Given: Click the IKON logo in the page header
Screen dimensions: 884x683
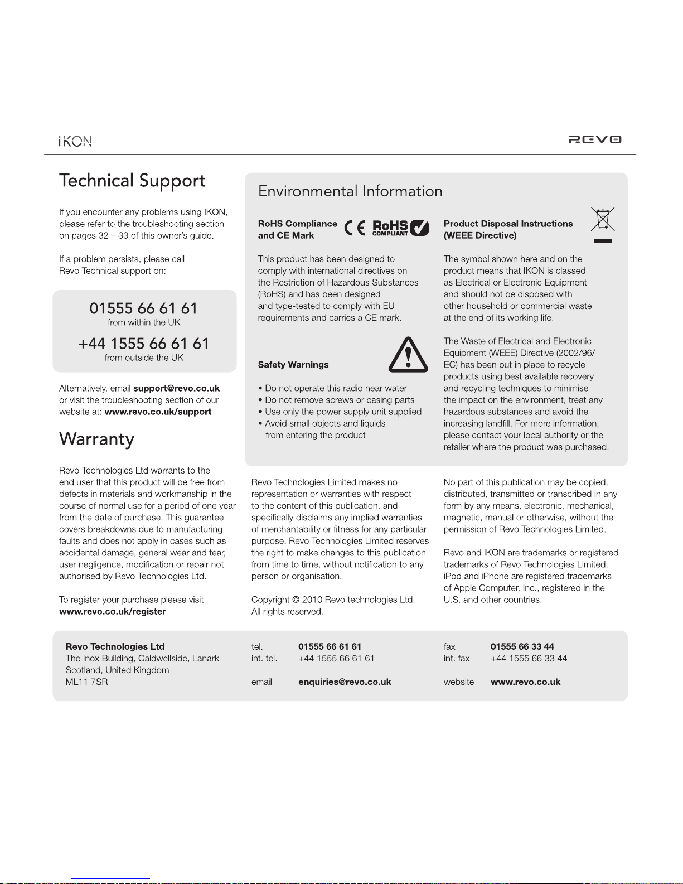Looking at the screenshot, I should [x=75, y=141].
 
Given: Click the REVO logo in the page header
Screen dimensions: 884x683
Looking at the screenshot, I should [x=594, y=139].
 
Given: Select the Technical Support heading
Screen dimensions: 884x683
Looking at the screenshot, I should [x=132, y=181].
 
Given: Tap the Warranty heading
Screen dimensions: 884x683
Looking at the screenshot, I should [x=96, y=439].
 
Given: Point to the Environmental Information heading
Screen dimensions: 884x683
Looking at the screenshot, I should [x=350, y=191].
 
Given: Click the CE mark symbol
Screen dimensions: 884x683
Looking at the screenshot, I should [x=355, y=228].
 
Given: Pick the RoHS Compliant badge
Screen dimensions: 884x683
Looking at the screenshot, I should [x=400, y=228].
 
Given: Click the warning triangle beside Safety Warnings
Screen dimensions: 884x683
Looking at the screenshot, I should [x=408, y=355].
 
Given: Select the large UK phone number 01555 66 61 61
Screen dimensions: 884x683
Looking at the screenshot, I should [x=144, y=308].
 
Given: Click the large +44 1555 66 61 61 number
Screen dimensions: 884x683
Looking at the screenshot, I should [x=144, y=344].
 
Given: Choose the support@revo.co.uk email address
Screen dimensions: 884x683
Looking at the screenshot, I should [x=176, y=388].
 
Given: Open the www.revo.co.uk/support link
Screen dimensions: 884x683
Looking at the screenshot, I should [x=158, y=412].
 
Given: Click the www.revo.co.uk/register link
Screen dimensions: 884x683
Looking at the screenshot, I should [x=113, y=611].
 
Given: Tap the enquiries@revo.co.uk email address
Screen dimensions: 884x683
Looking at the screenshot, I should [x=345, y=682].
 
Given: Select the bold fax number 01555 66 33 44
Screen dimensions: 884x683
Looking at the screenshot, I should [x=522, y=646].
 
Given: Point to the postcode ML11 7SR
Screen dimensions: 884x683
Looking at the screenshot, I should [x=86, y=682].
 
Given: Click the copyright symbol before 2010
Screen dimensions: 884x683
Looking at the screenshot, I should [x=296, y=600].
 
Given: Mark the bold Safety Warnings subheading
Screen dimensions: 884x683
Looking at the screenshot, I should [x=293, y=365].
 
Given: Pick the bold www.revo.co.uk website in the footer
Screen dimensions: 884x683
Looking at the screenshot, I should [x=525, y=682].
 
